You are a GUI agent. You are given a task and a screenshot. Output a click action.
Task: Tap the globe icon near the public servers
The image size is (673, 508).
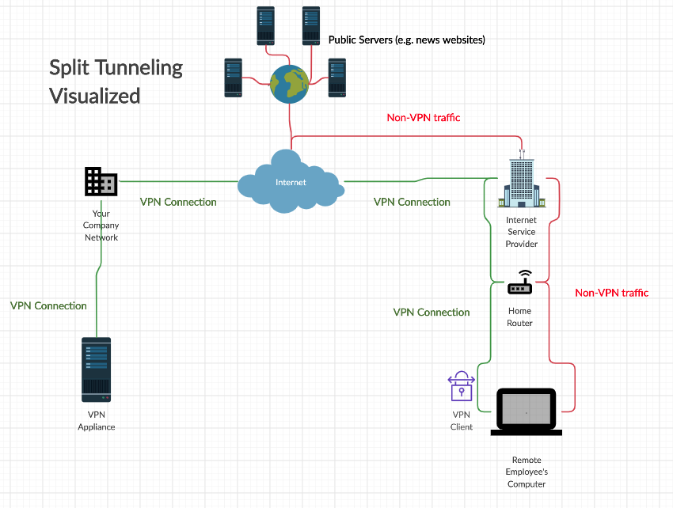290,83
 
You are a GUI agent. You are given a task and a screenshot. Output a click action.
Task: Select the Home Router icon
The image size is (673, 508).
520,282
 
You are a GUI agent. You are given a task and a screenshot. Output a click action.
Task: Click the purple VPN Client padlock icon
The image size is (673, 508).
461,386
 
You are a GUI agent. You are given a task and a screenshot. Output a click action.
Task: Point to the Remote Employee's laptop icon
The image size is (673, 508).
527,411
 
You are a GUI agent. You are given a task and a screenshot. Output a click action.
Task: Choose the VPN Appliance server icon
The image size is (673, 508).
96,370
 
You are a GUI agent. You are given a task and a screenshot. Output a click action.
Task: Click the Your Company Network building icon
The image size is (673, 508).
101,181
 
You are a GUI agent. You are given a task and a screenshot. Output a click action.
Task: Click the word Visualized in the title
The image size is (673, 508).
95,96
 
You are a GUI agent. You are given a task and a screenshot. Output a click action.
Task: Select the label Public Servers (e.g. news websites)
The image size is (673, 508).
406,40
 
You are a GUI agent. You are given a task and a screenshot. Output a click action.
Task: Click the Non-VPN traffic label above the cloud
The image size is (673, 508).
424,117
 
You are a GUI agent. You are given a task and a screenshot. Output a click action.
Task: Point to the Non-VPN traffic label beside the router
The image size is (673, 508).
611,293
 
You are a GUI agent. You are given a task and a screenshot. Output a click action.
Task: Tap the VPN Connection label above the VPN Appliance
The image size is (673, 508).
48,305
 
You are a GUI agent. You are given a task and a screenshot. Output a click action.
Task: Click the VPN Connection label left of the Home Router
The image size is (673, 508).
432,313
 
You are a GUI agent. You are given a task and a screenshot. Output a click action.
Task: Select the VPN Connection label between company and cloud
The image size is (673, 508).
178,202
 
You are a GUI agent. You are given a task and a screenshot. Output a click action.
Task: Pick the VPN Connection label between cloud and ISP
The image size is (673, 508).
412,202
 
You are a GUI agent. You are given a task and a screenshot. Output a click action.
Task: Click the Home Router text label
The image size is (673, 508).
520,317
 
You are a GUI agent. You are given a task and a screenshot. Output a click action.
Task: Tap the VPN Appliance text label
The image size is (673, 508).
96,420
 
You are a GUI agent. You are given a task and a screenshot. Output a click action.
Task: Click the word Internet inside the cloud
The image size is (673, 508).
290,183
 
